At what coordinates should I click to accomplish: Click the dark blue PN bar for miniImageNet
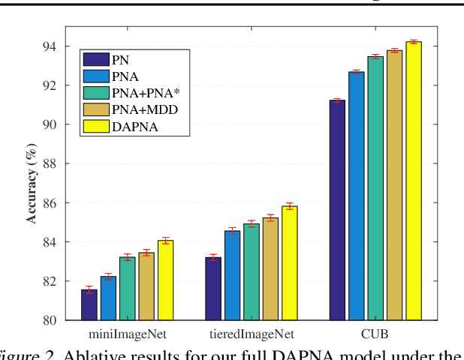[x=89, y=304]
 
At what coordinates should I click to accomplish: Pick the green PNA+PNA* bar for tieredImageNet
[x=252, y=271]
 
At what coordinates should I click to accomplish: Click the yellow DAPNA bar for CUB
[x=414, y=181]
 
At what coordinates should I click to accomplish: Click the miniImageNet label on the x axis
[x=128, y=334]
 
